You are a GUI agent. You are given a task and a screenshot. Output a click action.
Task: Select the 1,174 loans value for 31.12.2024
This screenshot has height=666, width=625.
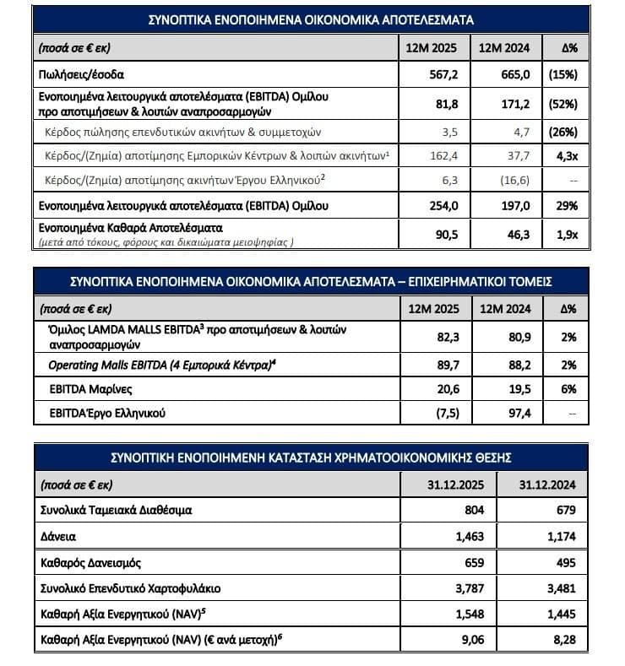pyautogui.click(x=559, y=535)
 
